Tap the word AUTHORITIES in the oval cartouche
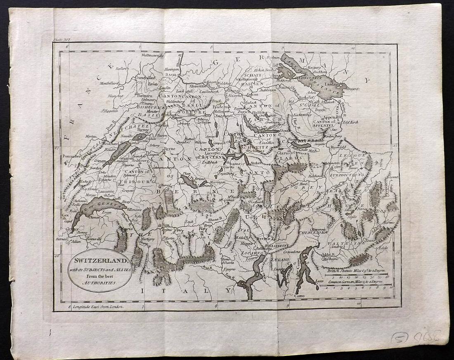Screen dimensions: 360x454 tap(100, 283)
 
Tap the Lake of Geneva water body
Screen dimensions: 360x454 tap(97, 204)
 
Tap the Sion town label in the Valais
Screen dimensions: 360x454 tap(166, 225)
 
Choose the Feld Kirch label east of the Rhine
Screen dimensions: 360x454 tap(350, 123)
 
